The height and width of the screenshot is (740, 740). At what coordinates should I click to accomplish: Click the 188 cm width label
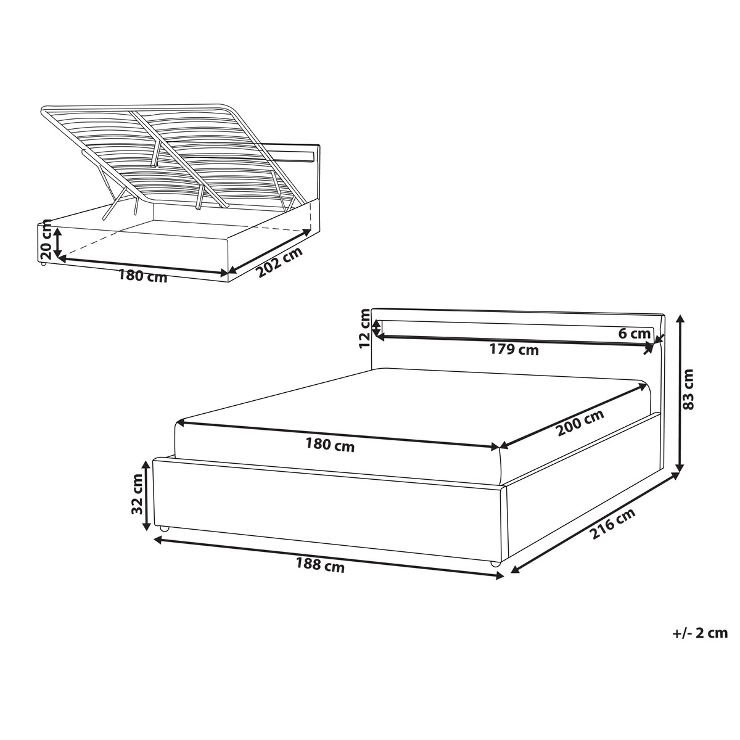[x=320, y=565]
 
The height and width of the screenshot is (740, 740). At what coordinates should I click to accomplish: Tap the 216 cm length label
[x=612, y=524]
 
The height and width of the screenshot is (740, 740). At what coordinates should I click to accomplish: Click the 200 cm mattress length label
[x=580, y=422]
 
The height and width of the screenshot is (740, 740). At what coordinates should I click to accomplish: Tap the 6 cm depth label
[x=635, y=334]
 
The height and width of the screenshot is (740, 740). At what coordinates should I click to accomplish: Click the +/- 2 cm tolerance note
[x=700, y=633]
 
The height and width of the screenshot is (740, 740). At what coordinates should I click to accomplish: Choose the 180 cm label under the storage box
[x=142, y=276]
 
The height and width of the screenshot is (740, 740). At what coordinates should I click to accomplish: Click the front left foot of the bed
[x=165, y=528]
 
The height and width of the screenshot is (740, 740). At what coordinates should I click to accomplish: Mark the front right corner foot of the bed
[x=495, y=564]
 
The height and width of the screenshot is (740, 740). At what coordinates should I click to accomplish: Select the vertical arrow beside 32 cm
[x=146, y=495]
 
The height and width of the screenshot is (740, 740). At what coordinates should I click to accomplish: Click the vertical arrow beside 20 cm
[x=57, y=242]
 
